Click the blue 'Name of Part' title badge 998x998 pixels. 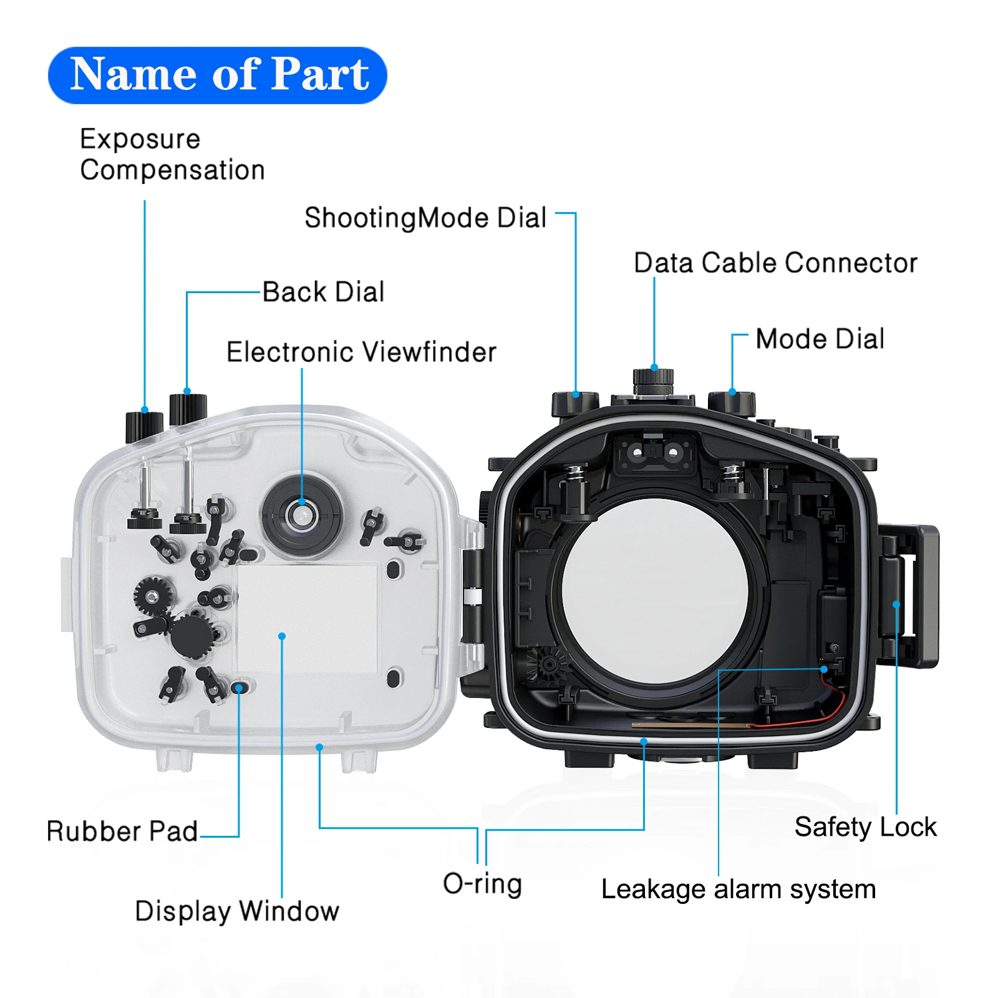click(218, 75)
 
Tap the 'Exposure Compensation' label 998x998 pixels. click(172, 154)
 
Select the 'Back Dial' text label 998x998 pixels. click(323, 292)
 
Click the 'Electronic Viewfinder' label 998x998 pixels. click(361, 352)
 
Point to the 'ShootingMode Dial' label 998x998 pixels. click(425, 218)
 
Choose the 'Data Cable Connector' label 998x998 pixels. click(775, 263)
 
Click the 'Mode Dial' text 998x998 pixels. click(820, 339)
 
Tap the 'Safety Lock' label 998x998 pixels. click(865, 827)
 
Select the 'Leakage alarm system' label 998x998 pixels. click(738, 889)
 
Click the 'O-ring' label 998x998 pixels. click(482, 884)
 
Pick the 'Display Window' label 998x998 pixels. click(237, 911)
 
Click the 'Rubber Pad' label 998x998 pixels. click(122, 831)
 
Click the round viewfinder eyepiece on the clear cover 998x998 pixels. click(302, 515)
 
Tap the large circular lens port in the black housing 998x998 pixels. click(655, 589)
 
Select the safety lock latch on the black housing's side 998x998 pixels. click(908, 596)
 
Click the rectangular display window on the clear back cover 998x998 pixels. click(307, 618)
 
